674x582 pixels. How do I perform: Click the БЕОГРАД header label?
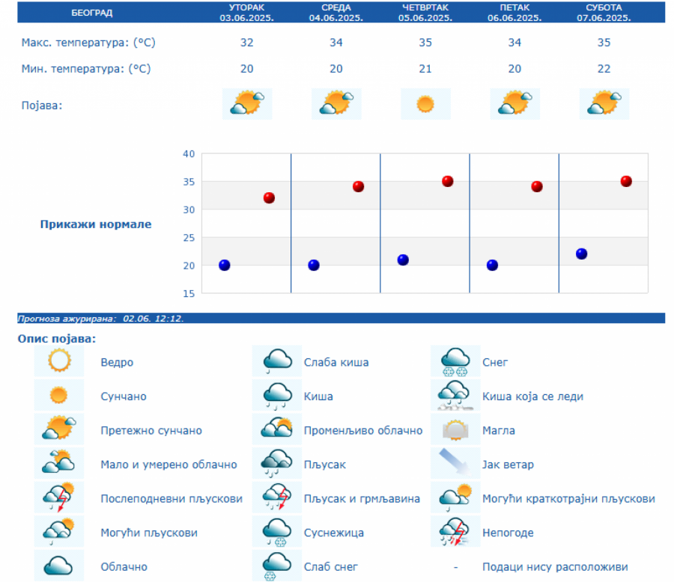(x=92, y=13)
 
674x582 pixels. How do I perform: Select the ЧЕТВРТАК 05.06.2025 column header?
(x=425, y=13)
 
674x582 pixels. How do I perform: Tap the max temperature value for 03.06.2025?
(x=246, y=43)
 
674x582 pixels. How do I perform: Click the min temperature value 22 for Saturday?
(x=604, y=69)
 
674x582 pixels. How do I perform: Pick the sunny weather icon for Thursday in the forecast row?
(x=425, y=104)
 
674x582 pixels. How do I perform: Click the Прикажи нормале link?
(x=95, y=224)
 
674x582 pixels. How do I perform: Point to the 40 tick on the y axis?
(x=188, y=154)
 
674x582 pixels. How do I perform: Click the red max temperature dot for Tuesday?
(x=269, y=198)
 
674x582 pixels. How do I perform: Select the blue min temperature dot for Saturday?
(x=582, y=254)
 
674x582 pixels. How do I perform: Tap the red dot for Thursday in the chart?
(x=448, y=181)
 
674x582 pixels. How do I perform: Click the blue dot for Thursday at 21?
(x=403, y=260)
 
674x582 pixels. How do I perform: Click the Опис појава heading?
(x=57, y=339)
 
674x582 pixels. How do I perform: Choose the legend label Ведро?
(x=117, y=363)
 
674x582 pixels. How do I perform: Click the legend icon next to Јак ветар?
(x=455, y=464)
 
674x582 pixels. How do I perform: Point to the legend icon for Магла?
(x=455, y=430)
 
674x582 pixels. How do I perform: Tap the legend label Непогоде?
(x=508, y=533)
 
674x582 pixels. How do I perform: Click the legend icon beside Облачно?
(x=58, y=566)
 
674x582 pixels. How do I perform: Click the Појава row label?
(x=42, y=105)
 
